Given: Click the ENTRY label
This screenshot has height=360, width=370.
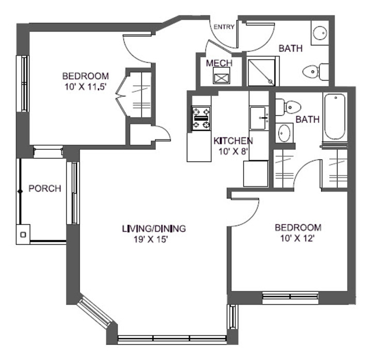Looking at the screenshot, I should tap(224, 27).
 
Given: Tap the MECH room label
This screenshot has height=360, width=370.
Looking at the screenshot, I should tap(219, 63).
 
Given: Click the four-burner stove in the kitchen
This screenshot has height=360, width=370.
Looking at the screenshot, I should tap(201, 118).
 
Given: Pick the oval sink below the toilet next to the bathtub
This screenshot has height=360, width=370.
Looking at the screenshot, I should tap(284, 133).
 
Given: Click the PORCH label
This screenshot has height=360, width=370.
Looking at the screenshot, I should tap(44, 189).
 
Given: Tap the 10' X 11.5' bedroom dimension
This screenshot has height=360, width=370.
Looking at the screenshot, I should tap(85, 87).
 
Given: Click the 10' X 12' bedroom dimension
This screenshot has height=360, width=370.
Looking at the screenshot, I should tap(298, 238).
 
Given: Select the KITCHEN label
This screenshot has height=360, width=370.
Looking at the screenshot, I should tap(233, 140).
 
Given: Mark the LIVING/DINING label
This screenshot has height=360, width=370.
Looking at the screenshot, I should tap(153, 228).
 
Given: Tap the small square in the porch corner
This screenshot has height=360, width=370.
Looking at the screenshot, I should tap(23, 234).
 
